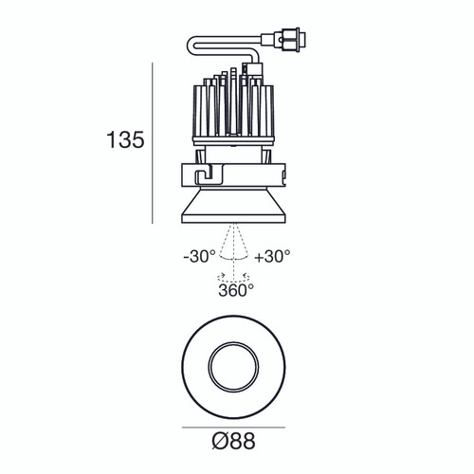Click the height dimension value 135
point(124,141)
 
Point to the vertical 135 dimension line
point(154,142)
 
